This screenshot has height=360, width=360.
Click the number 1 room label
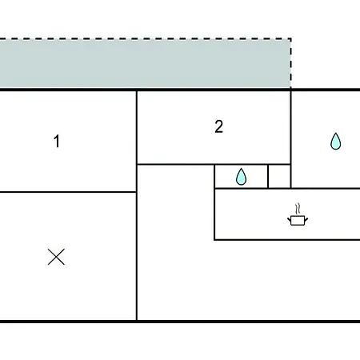point(57,141)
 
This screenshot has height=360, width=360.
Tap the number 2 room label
point(218,126)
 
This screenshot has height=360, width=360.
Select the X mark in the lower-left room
point(56,257)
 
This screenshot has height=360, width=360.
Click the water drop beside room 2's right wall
point(336,141)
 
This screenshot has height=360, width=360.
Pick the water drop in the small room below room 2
point(242,177)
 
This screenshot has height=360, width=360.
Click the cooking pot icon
point(298,220)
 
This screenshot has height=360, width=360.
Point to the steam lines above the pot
point(298,209)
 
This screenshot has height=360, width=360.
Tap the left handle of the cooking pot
point(289,219)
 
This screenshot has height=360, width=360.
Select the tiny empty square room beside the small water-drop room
point(279,177)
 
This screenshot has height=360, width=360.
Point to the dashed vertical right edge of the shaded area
point(290,63)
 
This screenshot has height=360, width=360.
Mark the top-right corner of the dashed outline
point(290,39)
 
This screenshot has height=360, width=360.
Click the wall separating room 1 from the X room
point(68,192)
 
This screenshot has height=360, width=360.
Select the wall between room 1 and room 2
point(137,128)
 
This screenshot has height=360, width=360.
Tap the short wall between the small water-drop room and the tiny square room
point(268,177)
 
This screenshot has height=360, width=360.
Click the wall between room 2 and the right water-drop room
point(290,128)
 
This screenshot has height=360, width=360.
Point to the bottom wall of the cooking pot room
point(287,240)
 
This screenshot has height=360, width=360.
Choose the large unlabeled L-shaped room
point(176,266)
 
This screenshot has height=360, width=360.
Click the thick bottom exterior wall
point(180,322)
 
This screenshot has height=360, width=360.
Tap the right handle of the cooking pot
point(306,219)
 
